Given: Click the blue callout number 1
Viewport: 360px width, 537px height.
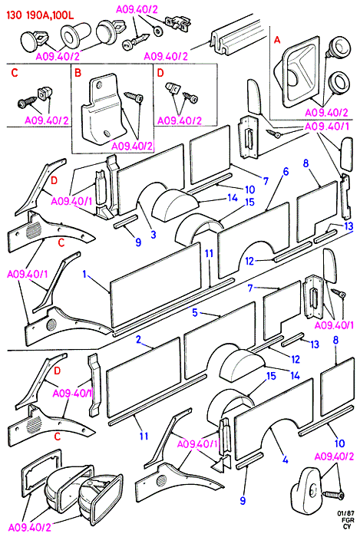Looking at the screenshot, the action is click(84, 275).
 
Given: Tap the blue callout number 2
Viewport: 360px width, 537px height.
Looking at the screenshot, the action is click(138, 339).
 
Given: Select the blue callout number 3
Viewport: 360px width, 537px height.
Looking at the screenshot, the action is click(154, 234).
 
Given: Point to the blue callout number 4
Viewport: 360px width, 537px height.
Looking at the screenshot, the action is click(286, 460).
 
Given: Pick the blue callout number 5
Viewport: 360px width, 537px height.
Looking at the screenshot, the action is click(195, 312).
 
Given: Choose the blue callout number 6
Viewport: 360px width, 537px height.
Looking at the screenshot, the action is click(286, 171).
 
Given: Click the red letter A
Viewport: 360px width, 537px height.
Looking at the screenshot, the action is click(277, 40).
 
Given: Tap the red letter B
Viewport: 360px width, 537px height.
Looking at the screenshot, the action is click(78, 73).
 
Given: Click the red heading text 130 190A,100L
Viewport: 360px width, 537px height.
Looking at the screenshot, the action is click(40, 16).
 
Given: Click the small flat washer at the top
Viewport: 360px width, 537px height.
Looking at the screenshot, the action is click(158, 31).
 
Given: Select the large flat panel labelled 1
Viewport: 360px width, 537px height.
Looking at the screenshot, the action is click(156, 285).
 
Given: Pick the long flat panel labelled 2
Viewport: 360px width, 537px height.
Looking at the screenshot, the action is click(144, 377).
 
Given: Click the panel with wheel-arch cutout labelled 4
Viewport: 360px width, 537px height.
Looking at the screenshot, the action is click(274, 418).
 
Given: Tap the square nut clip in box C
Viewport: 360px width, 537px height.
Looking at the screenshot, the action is click(44, 92).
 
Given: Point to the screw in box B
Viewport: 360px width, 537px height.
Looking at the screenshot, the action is click(134, 97).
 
